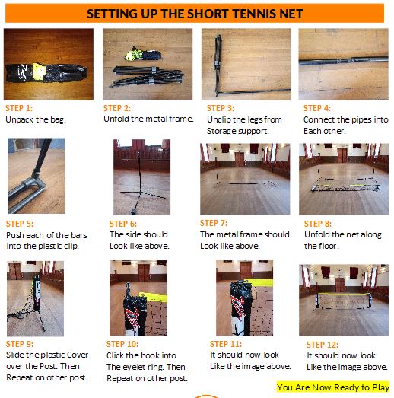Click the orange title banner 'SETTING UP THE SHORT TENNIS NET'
[x=195, y=13]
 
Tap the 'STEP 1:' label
[x=19, y=108]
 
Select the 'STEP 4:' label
[x=317, y=108]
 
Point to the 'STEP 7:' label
[x=214, y=223]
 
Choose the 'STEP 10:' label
[x=122, y=344]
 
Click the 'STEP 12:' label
[x=323, y=345]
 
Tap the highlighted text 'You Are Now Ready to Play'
[x=333, y=387]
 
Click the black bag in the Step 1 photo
[x=46, y=72]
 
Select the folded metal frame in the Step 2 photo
[x=147, y=76]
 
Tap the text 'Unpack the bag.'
[x=36, y=119]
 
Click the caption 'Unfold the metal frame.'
[x=148, y=119]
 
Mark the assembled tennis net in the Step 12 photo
[x=343, y=301]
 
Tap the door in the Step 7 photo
[x=240, y=160]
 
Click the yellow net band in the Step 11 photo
[x=259, y=282]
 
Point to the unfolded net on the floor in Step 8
[x=345, y=184]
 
